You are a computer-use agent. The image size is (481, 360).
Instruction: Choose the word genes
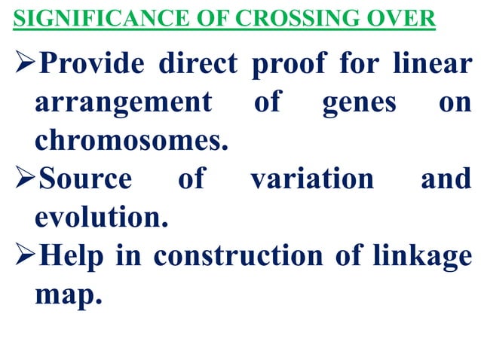tap(359, 104)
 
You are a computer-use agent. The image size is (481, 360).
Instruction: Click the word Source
tap(83, 179)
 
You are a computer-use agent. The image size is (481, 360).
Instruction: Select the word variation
tap(311, 179)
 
